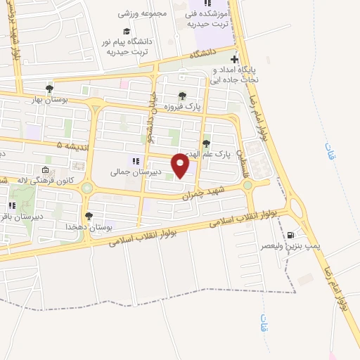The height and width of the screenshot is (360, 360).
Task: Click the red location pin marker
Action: pos(182,166)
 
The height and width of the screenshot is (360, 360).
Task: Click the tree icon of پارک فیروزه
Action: pos(183,96)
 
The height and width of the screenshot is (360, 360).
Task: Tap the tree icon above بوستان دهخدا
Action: pos(89,217)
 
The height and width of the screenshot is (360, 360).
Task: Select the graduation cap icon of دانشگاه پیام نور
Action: pos(127,31)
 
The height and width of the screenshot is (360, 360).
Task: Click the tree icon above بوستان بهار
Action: pos(49,88)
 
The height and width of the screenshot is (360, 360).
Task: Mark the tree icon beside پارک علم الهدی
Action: pos(206,144)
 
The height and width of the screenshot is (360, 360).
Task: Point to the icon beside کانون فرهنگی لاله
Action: pos(46,171)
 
